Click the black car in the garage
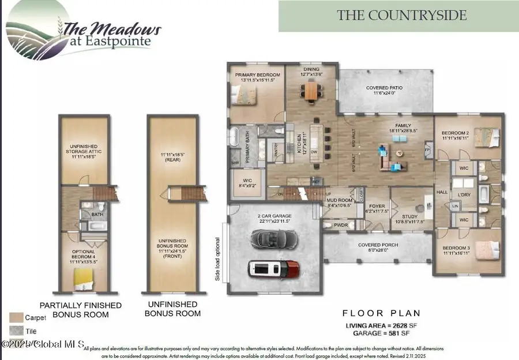[273, 238]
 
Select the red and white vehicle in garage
[274, 268]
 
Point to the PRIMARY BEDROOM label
[257, 76]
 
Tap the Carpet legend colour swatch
[16, 317]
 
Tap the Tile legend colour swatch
[16, 331]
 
